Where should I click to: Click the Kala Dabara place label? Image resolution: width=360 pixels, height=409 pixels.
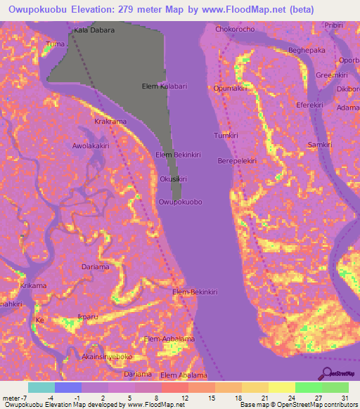click(94, 31)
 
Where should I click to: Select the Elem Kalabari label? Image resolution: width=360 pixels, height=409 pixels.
click(165, 86)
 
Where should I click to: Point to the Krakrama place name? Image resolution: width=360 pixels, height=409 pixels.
click(110, 122)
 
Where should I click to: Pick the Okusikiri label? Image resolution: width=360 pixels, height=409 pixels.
click(173, 179)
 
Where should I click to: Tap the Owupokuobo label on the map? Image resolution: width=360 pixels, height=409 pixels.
click(181, 202)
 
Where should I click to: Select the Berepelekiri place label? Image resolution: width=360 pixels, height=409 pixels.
click(236, 160)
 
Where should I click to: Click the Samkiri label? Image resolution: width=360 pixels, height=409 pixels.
click(320, 144)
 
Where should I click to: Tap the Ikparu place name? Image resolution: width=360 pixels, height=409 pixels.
click(88, 317)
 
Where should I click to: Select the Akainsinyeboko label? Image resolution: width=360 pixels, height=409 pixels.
click(107, 356)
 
